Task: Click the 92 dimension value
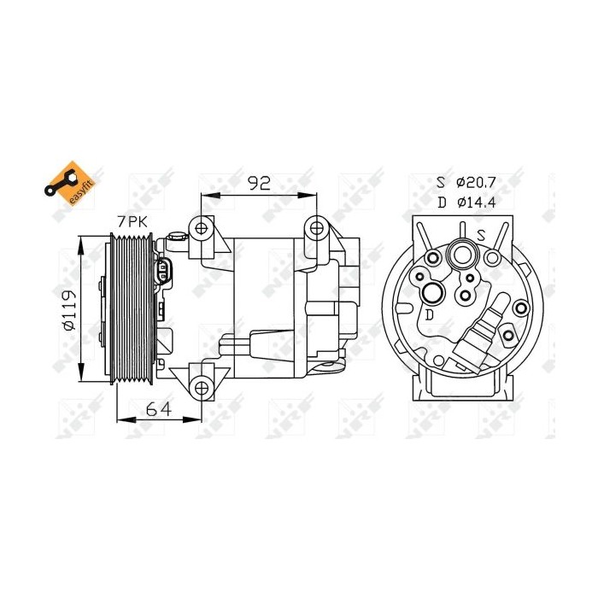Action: (259, 181)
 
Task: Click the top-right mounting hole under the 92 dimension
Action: (318, 227)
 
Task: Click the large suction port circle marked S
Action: (464, 255)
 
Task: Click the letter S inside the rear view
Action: (481, 234)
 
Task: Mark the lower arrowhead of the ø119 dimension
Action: (83, 378)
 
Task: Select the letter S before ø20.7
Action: (441, 182)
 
